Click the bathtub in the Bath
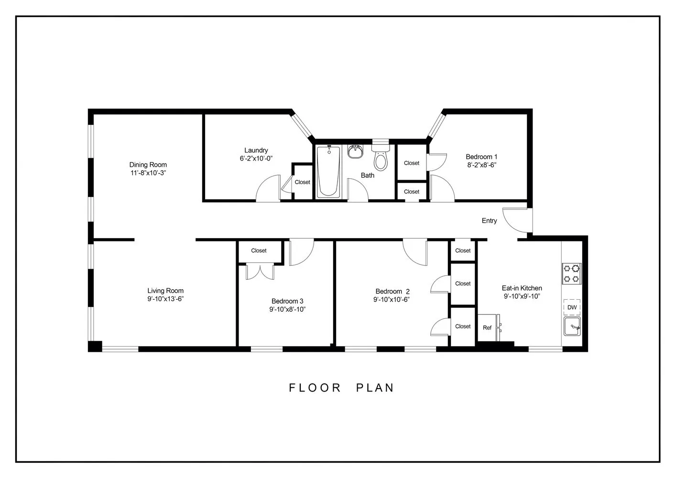(x=328, y=171)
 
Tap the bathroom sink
(x=355, y=152)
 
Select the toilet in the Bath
(x=381, y=157)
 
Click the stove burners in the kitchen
(x=571, y=273)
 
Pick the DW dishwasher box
(x=572, y=307)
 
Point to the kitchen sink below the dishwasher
(x=572, y=327)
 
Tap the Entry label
(x=489, y=221)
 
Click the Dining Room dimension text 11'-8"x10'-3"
(x=148, y=173)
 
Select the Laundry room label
(x=256, y=150)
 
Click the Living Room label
(x=165, y=291)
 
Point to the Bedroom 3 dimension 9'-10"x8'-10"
(x=287, y=309)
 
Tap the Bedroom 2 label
(x=393, y=292)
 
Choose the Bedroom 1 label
(x=481, y=157)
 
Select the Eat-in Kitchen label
(x=522, y=288)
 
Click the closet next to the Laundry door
(x=302, y=182)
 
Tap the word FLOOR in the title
(x=315, y=388)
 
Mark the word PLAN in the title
(x=375, y=388)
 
